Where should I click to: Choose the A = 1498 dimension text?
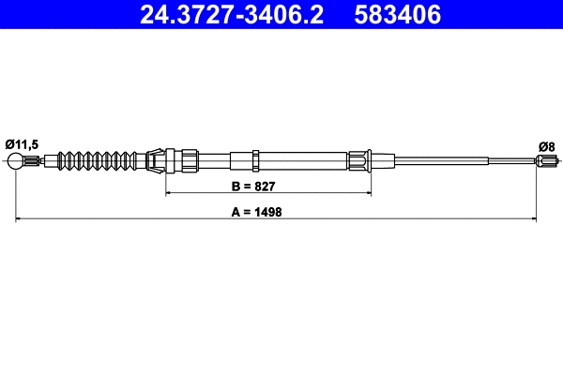pos(257,213)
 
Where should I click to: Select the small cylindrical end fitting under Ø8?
pos(546,162)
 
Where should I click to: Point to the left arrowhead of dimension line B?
pos(170,193)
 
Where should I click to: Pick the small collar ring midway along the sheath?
pos(255,157)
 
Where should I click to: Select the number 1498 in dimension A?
pos(269,213)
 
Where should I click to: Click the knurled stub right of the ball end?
pos(34,161)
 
